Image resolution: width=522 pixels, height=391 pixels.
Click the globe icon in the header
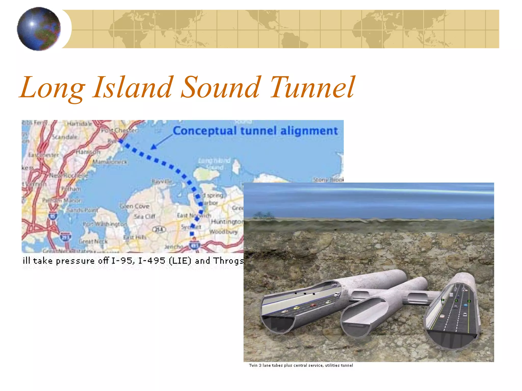(x=39, y=29)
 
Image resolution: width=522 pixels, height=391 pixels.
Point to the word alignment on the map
(x=309, y=131)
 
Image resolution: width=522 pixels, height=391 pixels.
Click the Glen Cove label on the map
(x=135, y=206)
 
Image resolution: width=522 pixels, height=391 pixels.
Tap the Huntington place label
(x=227, y=222)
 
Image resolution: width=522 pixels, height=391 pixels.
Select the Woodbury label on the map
(x=224, y=232)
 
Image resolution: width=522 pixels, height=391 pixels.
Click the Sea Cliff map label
(x=145, y=217)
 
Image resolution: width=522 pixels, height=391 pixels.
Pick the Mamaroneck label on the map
(x=110, y=162)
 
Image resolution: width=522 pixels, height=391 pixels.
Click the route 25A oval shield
(x=159, y=229)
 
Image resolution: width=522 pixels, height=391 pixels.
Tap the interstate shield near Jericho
(x=194, y=245)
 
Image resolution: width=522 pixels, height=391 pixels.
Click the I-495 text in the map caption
(x=152, y=261)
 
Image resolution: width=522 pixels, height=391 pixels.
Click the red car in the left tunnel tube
(x=313, y=305)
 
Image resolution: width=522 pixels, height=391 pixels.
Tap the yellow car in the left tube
(x=296, y=308)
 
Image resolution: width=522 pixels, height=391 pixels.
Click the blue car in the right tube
(x=466, y=305)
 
